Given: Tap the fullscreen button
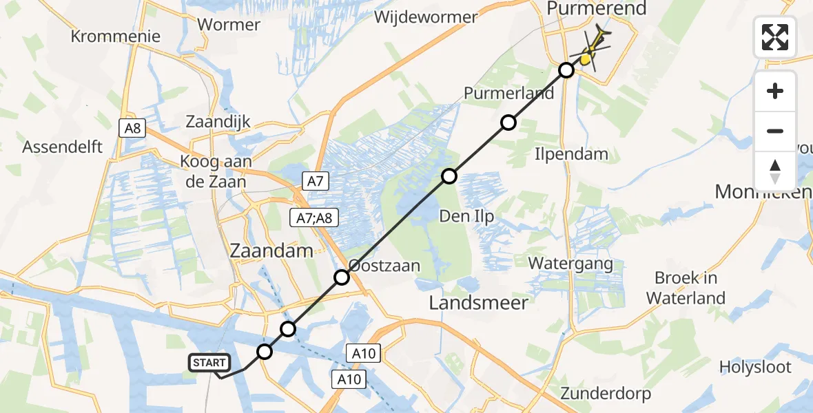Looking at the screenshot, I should (x=775, y=37).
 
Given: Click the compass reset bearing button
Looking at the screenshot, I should (x=775, y=171).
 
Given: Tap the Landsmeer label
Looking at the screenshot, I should (x=479, y=302).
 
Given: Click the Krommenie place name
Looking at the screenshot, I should (x=116, y=36).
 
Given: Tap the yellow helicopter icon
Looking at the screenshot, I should (x=590, y=52).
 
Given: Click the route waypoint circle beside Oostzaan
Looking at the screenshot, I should (x=342, y=277).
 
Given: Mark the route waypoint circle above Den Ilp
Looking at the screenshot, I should (x=449, y=176).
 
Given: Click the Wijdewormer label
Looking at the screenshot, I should (x=426, y=17).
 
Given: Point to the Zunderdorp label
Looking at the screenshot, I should (x=606, y=394).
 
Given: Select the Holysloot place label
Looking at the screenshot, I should (x=755, y=368).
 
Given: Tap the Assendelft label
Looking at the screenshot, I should (x=63, y=147).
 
